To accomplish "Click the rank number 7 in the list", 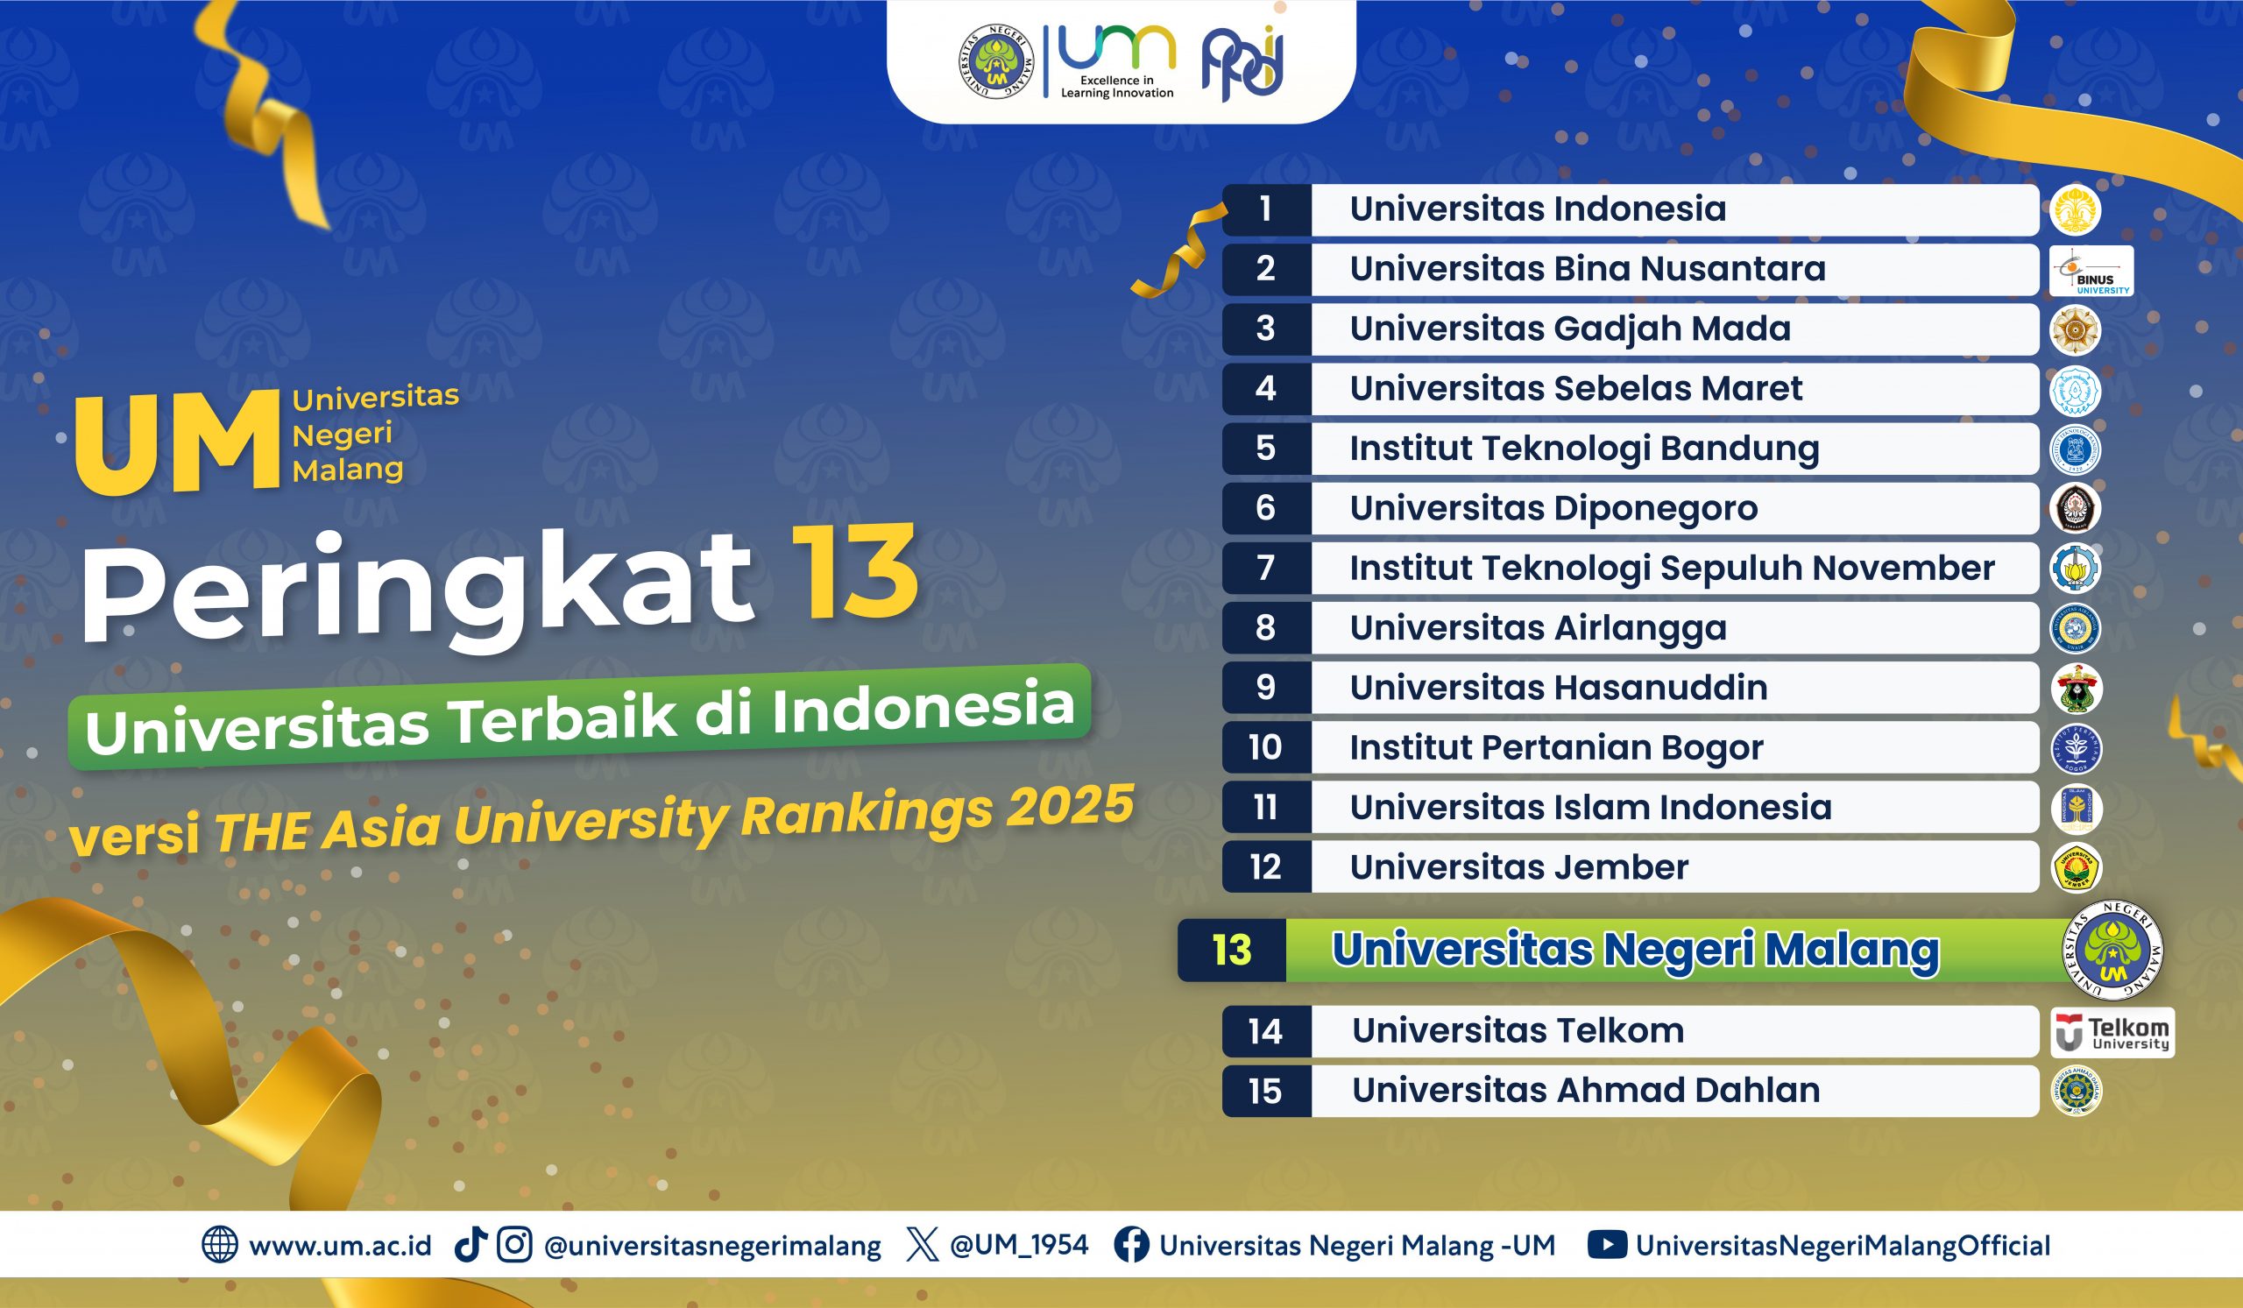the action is point(1266,568).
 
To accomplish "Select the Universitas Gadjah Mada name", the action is point(1570,329).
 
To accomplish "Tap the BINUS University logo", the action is point(2091,271).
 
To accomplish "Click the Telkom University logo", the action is point(2112,1032).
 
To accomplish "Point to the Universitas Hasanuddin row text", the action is point(1559,688).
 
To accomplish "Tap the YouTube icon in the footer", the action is point(1607,1245).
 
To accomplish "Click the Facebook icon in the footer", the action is point(1131,1245).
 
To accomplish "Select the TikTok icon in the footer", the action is point(471,1245).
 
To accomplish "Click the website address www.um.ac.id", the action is point(340,1246).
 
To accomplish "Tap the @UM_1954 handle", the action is point(1019,1246).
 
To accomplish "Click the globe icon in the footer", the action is point(220,1245).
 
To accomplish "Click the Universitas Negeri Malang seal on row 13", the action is point(2112,951).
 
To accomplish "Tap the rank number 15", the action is point(1265,1092).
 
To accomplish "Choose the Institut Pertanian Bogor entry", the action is point(1557,748).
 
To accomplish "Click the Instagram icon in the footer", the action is point(514,1245).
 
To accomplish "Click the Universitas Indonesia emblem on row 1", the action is point(2076,210).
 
